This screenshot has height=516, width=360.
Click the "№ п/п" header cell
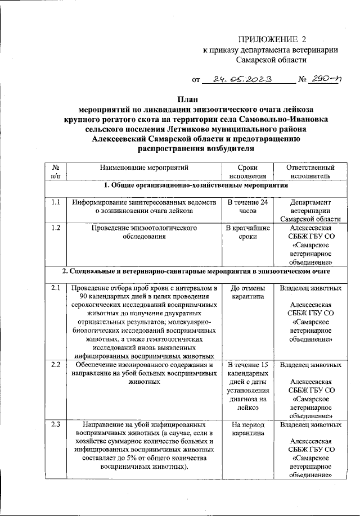[x=55, y=171]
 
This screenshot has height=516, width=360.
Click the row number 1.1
[x=55, y=201]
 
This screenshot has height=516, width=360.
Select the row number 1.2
[x=55, y=228]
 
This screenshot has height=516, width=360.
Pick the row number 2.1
[x=55, y=288]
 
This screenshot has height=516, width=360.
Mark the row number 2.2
[x=55, y=365]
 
